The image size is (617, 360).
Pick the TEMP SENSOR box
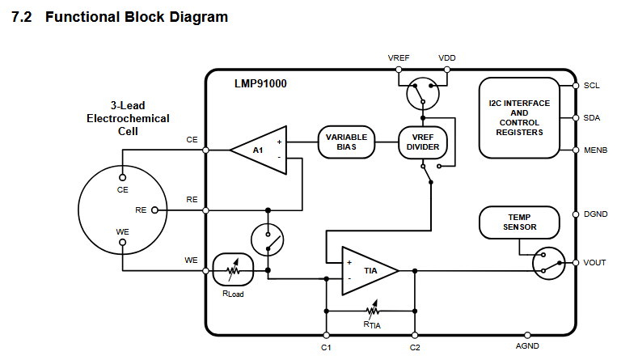[519, 222]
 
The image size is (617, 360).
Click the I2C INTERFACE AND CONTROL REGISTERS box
[519, 117]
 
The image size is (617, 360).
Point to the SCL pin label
[591, 85]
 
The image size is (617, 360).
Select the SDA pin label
[592, 117]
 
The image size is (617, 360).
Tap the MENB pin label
[595, 150]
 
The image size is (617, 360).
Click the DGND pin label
[596, 214]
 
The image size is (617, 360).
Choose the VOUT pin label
[594, 262]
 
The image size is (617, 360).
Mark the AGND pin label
[527, 346]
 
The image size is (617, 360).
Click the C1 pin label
[326, 347]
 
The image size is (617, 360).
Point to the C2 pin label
[415, 347]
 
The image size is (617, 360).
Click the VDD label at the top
[446, 58]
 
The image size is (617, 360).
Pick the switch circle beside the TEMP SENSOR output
[548, 262]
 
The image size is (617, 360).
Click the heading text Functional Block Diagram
[137, 17]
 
